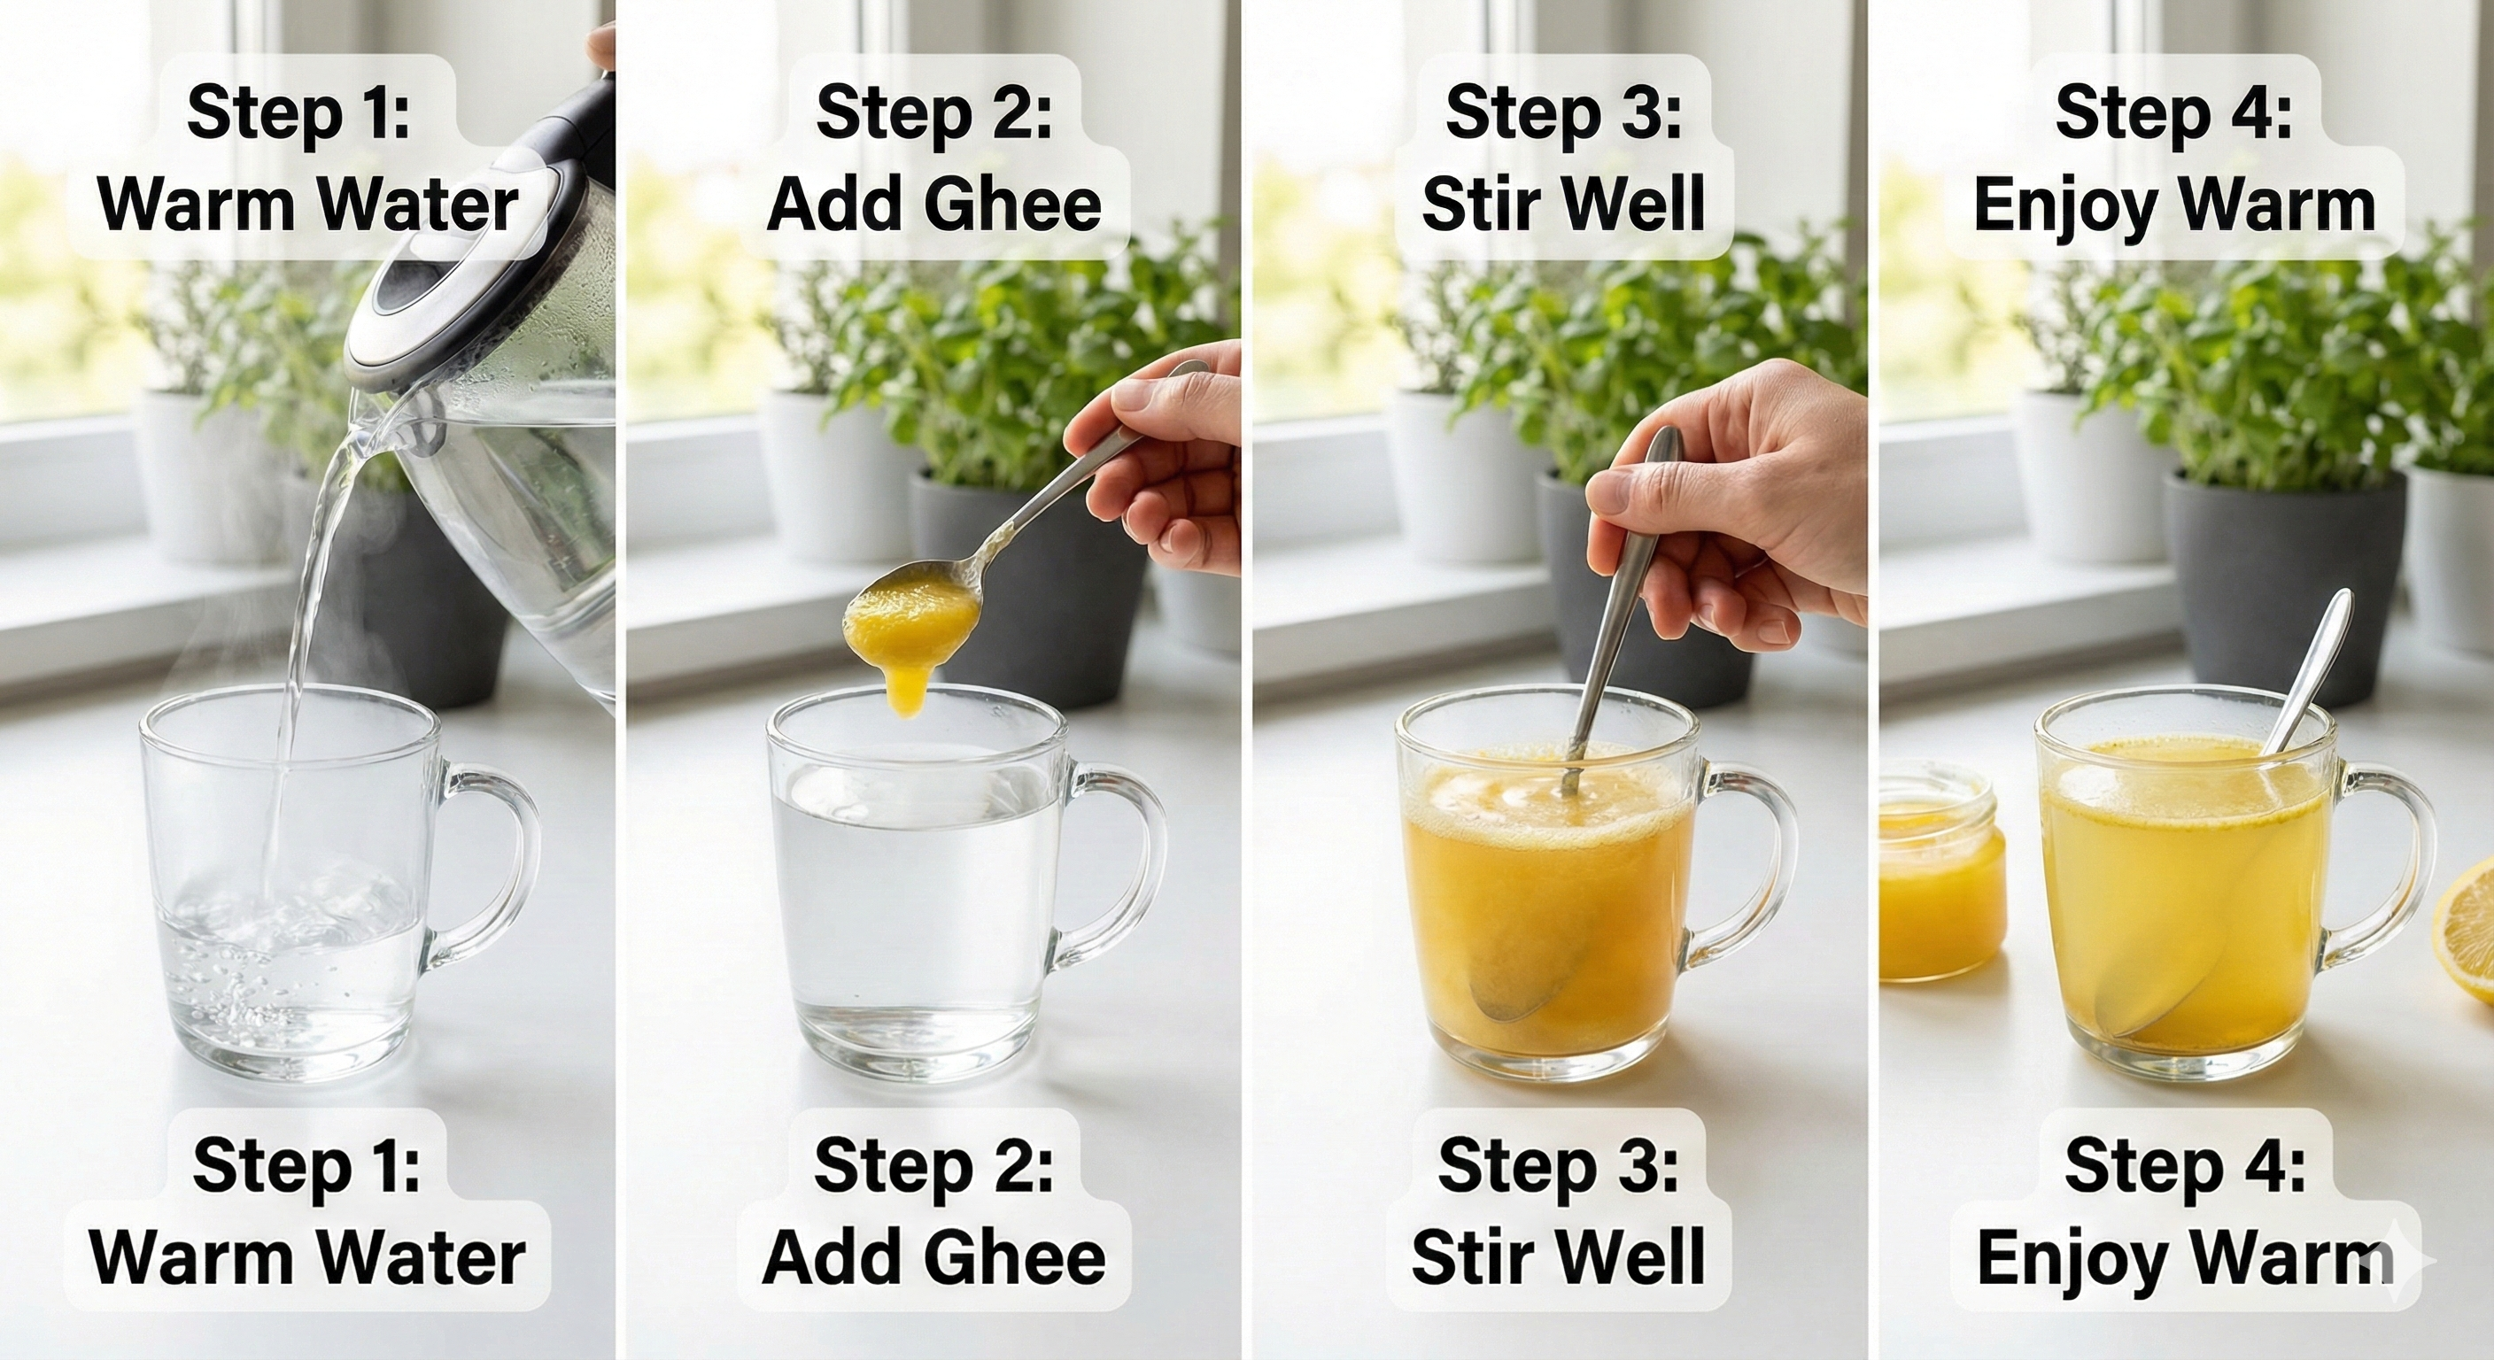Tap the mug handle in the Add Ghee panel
tap(1123, 871)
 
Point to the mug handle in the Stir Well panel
tap(1753, 871)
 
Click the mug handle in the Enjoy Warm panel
tap(2391, 871)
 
